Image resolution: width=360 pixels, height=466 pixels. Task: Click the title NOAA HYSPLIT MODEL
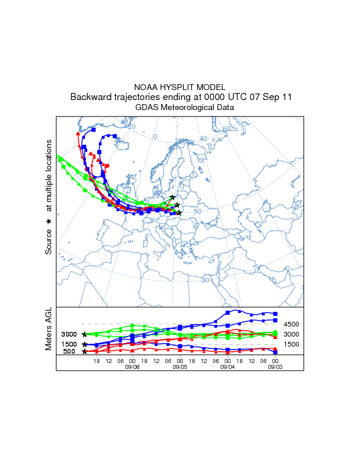179,87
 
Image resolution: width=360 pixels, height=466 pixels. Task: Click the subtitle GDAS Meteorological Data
179,107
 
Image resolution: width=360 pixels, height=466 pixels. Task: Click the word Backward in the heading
91,97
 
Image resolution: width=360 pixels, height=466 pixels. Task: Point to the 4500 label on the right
292,324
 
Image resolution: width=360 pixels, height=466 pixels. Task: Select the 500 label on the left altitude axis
69,352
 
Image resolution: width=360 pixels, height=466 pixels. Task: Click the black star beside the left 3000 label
85,334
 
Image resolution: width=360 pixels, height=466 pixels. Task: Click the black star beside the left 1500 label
85,344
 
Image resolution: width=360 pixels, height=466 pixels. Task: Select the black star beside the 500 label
85,352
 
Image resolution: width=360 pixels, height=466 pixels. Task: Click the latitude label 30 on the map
205,280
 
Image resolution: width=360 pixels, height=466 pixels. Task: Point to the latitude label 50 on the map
198,211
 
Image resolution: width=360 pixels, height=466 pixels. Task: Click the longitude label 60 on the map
226,129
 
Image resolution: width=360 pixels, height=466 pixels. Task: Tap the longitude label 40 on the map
204,139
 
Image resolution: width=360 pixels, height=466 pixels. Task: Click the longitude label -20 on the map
131,127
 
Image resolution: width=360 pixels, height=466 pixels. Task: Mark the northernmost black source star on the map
172,197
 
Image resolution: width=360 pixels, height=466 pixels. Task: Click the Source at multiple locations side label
49,197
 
